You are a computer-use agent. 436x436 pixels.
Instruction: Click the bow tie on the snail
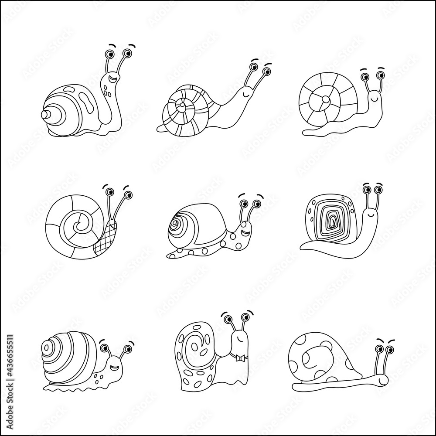(x=238, y=358)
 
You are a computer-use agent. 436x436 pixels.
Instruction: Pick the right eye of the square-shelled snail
(x=378, y=190)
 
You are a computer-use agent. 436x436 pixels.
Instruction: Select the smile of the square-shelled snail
(x=370, y=214)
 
